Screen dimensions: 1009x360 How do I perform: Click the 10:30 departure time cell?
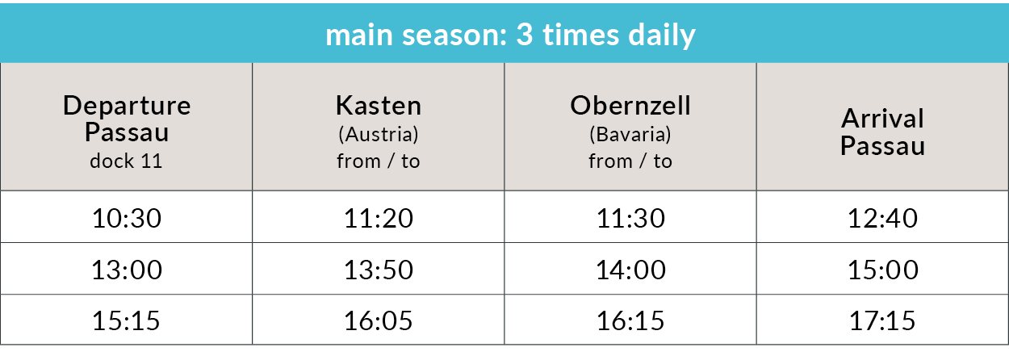[x=127, y=218]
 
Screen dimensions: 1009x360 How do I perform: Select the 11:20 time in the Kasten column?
[x=379, y=218]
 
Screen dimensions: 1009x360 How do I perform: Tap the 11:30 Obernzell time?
[x=630, y=218]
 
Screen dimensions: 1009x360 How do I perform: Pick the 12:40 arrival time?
[x=882, y=218]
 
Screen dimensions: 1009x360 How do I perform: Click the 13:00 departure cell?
[x=127, y=270]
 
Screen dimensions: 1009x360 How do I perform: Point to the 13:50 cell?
[x=379, y=270]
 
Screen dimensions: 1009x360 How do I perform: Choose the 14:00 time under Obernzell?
[x=630, y=270]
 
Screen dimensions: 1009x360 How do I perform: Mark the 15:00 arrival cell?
[x=882, y=270]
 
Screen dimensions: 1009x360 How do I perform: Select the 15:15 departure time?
[x=126, y=320]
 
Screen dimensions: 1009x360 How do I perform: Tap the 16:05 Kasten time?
[x=379, y=320]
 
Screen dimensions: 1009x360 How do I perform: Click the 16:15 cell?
[x=630, y=320]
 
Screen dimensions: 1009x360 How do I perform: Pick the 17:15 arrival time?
[x=882, y=320]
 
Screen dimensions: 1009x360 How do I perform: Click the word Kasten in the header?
[x=379, y=106]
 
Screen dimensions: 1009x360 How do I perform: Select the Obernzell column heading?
[x=630, y=106]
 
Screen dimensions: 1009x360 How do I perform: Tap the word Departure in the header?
[x=127, y=107]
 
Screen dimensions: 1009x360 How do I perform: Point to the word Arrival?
[x=882, y=119]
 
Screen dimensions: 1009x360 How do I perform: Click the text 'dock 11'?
[x=126, y=161]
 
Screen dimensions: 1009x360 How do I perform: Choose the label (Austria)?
[x=379, y=134]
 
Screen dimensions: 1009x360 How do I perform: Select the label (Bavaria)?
[x=630, y=134]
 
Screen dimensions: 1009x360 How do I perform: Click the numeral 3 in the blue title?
[x=525, y=34]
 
